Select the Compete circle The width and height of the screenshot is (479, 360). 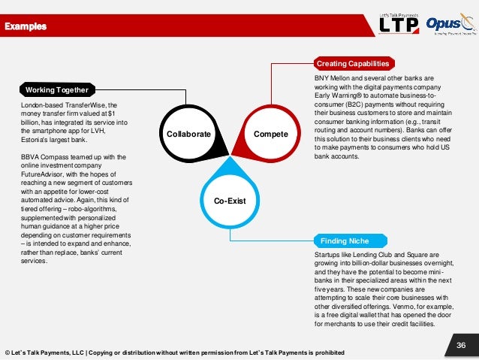[271, 134]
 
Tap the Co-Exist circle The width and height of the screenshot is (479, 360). [229, 201]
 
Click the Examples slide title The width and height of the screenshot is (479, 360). [26, 27]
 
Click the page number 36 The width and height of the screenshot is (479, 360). [462, 345]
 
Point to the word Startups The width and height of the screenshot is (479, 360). [327, 256]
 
